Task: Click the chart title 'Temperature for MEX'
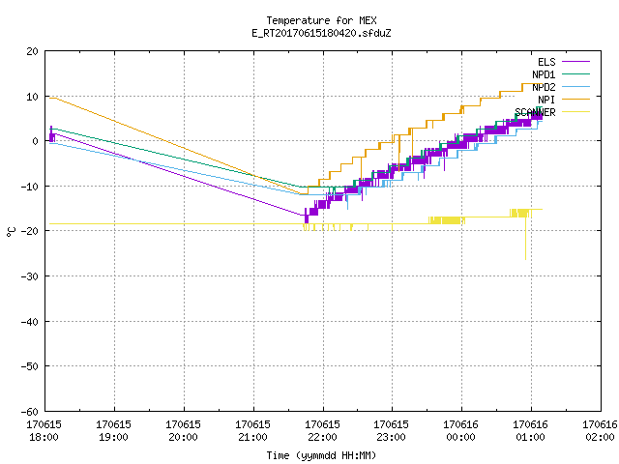[x=321, y=20]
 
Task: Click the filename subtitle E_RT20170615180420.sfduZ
[x=321, y=33]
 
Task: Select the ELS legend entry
[x=563, y=62]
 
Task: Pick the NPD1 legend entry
[x=561, y=74]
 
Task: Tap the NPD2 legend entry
[x=561, y=87]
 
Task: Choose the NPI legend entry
[x=563, y=100]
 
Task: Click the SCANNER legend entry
[x=552, y=112]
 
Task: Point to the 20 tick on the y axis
[x=32, y=51]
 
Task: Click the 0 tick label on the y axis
[x=36, y=141]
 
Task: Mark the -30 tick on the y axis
[x=30, y=276]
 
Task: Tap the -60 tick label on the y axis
[x=30, y=412]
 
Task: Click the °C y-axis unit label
[x=11, y=232]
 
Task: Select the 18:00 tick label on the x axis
[x=44, y=431]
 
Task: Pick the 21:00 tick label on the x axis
[x=252, y=431]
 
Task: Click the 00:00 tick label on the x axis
[x=460, y=431]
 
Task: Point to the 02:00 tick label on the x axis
[x=600, y=431]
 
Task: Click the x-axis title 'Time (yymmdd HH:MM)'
[x=321, y=455]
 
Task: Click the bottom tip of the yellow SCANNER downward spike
[x=525, y=259]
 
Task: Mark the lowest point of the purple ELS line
[x=307, y=223]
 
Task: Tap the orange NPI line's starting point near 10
[x=49, y=99]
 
